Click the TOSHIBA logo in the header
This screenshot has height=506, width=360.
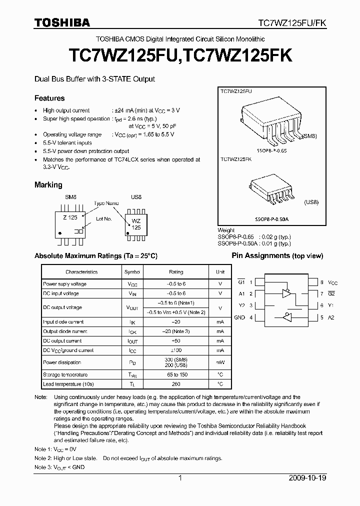click(62, 22)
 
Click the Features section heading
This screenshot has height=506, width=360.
click(49, 98)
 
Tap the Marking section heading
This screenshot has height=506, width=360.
click(48, 185)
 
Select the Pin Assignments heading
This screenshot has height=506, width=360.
click(277, 256)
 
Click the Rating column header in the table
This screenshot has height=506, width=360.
click(176, 272)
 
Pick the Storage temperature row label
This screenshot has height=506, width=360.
click(65, 374)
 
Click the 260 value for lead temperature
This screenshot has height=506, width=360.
click(176, 384)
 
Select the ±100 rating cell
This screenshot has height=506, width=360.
click(176, 350)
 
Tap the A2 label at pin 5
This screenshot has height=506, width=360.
click(331, 317)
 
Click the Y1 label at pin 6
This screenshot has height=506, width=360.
click(331, 305)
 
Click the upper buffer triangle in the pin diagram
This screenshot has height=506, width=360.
click(286, 293)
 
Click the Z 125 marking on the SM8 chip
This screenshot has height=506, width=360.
click(70, 217)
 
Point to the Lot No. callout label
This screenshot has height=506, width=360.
click(103, 219)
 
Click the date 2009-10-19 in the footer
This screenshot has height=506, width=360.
click(307, 478)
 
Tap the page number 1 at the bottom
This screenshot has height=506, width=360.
click(180, 478)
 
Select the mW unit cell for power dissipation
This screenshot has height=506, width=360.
click(220, 362)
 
